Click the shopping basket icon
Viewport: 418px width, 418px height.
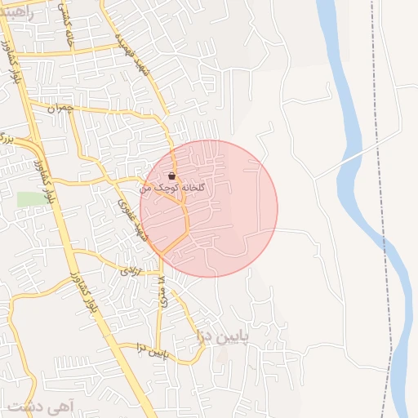pos(171,176)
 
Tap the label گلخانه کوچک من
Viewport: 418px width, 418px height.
pos(173,188)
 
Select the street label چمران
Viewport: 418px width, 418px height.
pos(60,107)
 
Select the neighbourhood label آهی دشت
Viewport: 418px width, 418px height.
pos(38,405)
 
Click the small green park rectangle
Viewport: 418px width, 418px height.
pos(29,199)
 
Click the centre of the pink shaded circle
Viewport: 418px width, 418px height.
pos(209,209)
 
